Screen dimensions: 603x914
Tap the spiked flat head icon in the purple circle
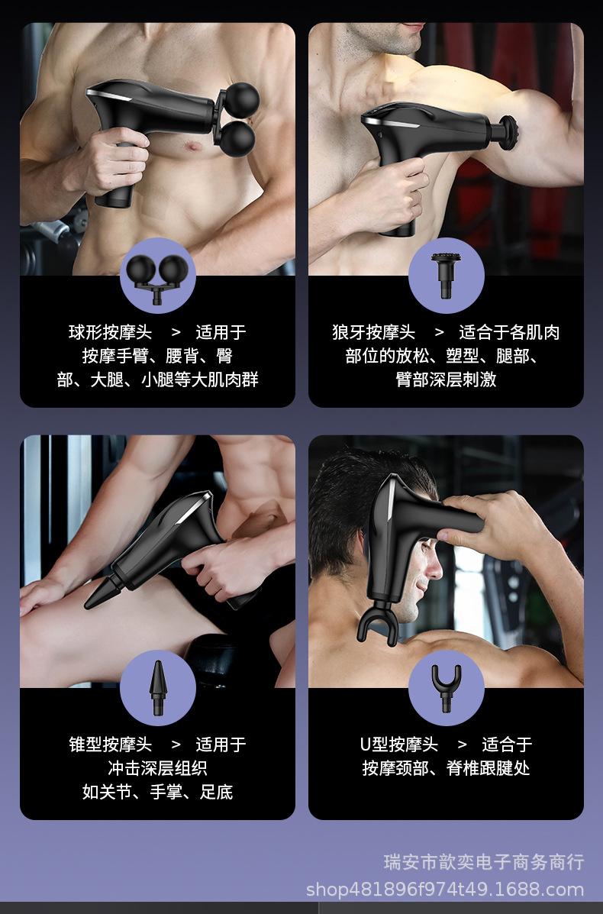point(446,274)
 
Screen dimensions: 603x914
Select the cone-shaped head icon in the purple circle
point(158,688)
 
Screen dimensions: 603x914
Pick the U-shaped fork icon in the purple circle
point(447,688)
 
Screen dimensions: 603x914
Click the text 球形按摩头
point(110,332)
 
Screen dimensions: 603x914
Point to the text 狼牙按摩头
point(373,332)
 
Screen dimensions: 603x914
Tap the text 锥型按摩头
point(110,744)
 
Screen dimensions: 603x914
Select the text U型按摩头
point(398,744)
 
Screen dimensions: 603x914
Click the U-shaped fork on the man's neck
point(378,623)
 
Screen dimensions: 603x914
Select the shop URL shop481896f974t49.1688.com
point(445,890)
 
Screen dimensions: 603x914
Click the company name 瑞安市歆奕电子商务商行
point(484,862)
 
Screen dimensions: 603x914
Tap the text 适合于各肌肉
point(509,332)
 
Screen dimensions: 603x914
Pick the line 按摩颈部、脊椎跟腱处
point(447,768)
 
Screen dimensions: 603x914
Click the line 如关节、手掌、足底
point(157,792)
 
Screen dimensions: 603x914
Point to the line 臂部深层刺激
point(447,379)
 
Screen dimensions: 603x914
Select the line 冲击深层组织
point(157,768)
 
